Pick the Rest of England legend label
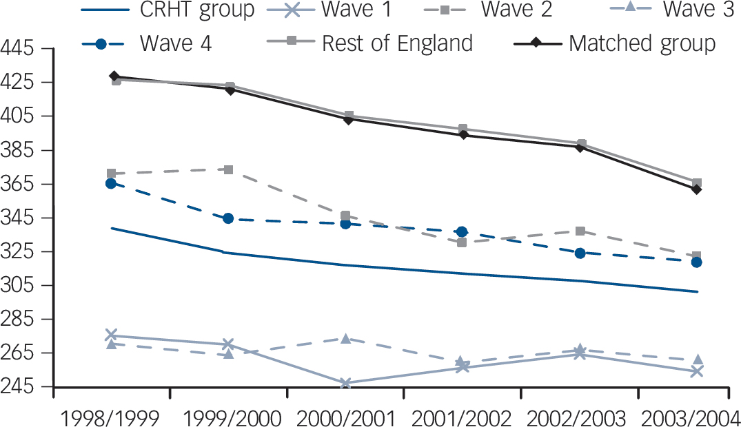pos(397,43)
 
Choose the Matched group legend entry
pos(642,43)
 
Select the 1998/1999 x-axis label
pos(111,417)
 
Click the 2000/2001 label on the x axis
pos(345,417)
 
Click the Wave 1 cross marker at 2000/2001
pos(345,383)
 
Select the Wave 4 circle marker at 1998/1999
pos(111,183)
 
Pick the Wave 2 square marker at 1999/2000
pos(228,169)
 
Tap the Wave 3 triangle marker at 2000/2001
pos(345,338)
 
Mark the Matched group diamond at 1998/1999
pos(114,76)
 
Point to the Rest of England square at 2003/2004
pos(697,183)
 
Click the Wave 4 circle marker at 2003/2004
pos(697,262)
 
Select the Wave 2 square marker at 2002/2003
pos(580,231)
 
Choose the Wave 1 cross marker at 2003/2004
pos(697,371)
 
